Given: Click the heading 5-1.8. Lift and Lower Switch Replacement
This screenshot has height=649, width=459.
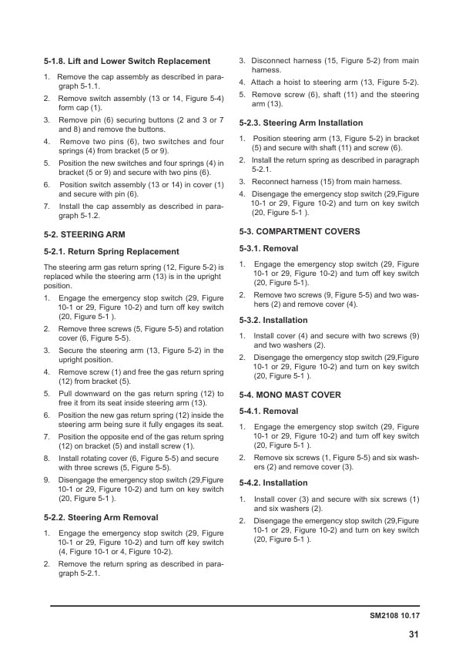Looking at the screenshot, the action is pos(127,61).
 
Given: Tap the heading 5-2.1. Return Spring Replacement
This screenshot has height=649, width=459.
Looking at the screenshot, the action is pos(112,251).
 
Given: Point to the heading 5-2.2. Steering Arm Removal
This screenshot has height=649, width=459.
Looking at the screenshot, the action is pos(102,517).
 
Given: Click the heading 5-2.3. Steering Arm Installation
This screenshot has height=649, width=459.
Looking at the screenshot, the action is pos(300,123).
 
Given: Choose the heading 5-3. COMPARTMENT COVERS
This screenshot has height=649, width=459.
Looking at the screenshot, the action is pos(300,231).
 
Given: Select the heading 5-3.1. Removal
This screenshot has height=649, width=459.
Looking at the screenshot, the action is pos(269,248).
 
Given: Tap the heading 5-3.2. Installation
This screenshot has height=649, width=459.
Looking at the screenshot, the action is pos(273,320).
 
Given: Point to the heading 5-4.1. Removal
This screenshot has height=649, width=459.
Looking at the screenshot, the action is pos(269,412).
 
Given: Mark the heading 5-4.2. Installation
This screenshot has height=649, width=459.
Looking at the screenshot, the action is pos(273,483).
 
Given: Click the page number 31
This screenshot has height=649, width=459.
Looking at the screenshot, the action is pos(414,634).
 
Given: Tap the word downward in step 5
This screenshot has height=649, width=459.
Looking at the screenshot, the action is pos(91,393).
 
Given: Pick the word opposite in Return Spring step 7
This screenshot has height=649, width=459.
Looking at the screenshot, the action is pos(115,437).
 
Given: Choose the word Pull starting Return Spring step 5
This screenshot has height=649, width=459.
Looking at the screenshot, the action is pos(67,393).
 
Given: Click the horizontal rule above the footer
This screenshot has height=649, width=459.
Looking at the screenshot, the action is pos(235,606).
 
